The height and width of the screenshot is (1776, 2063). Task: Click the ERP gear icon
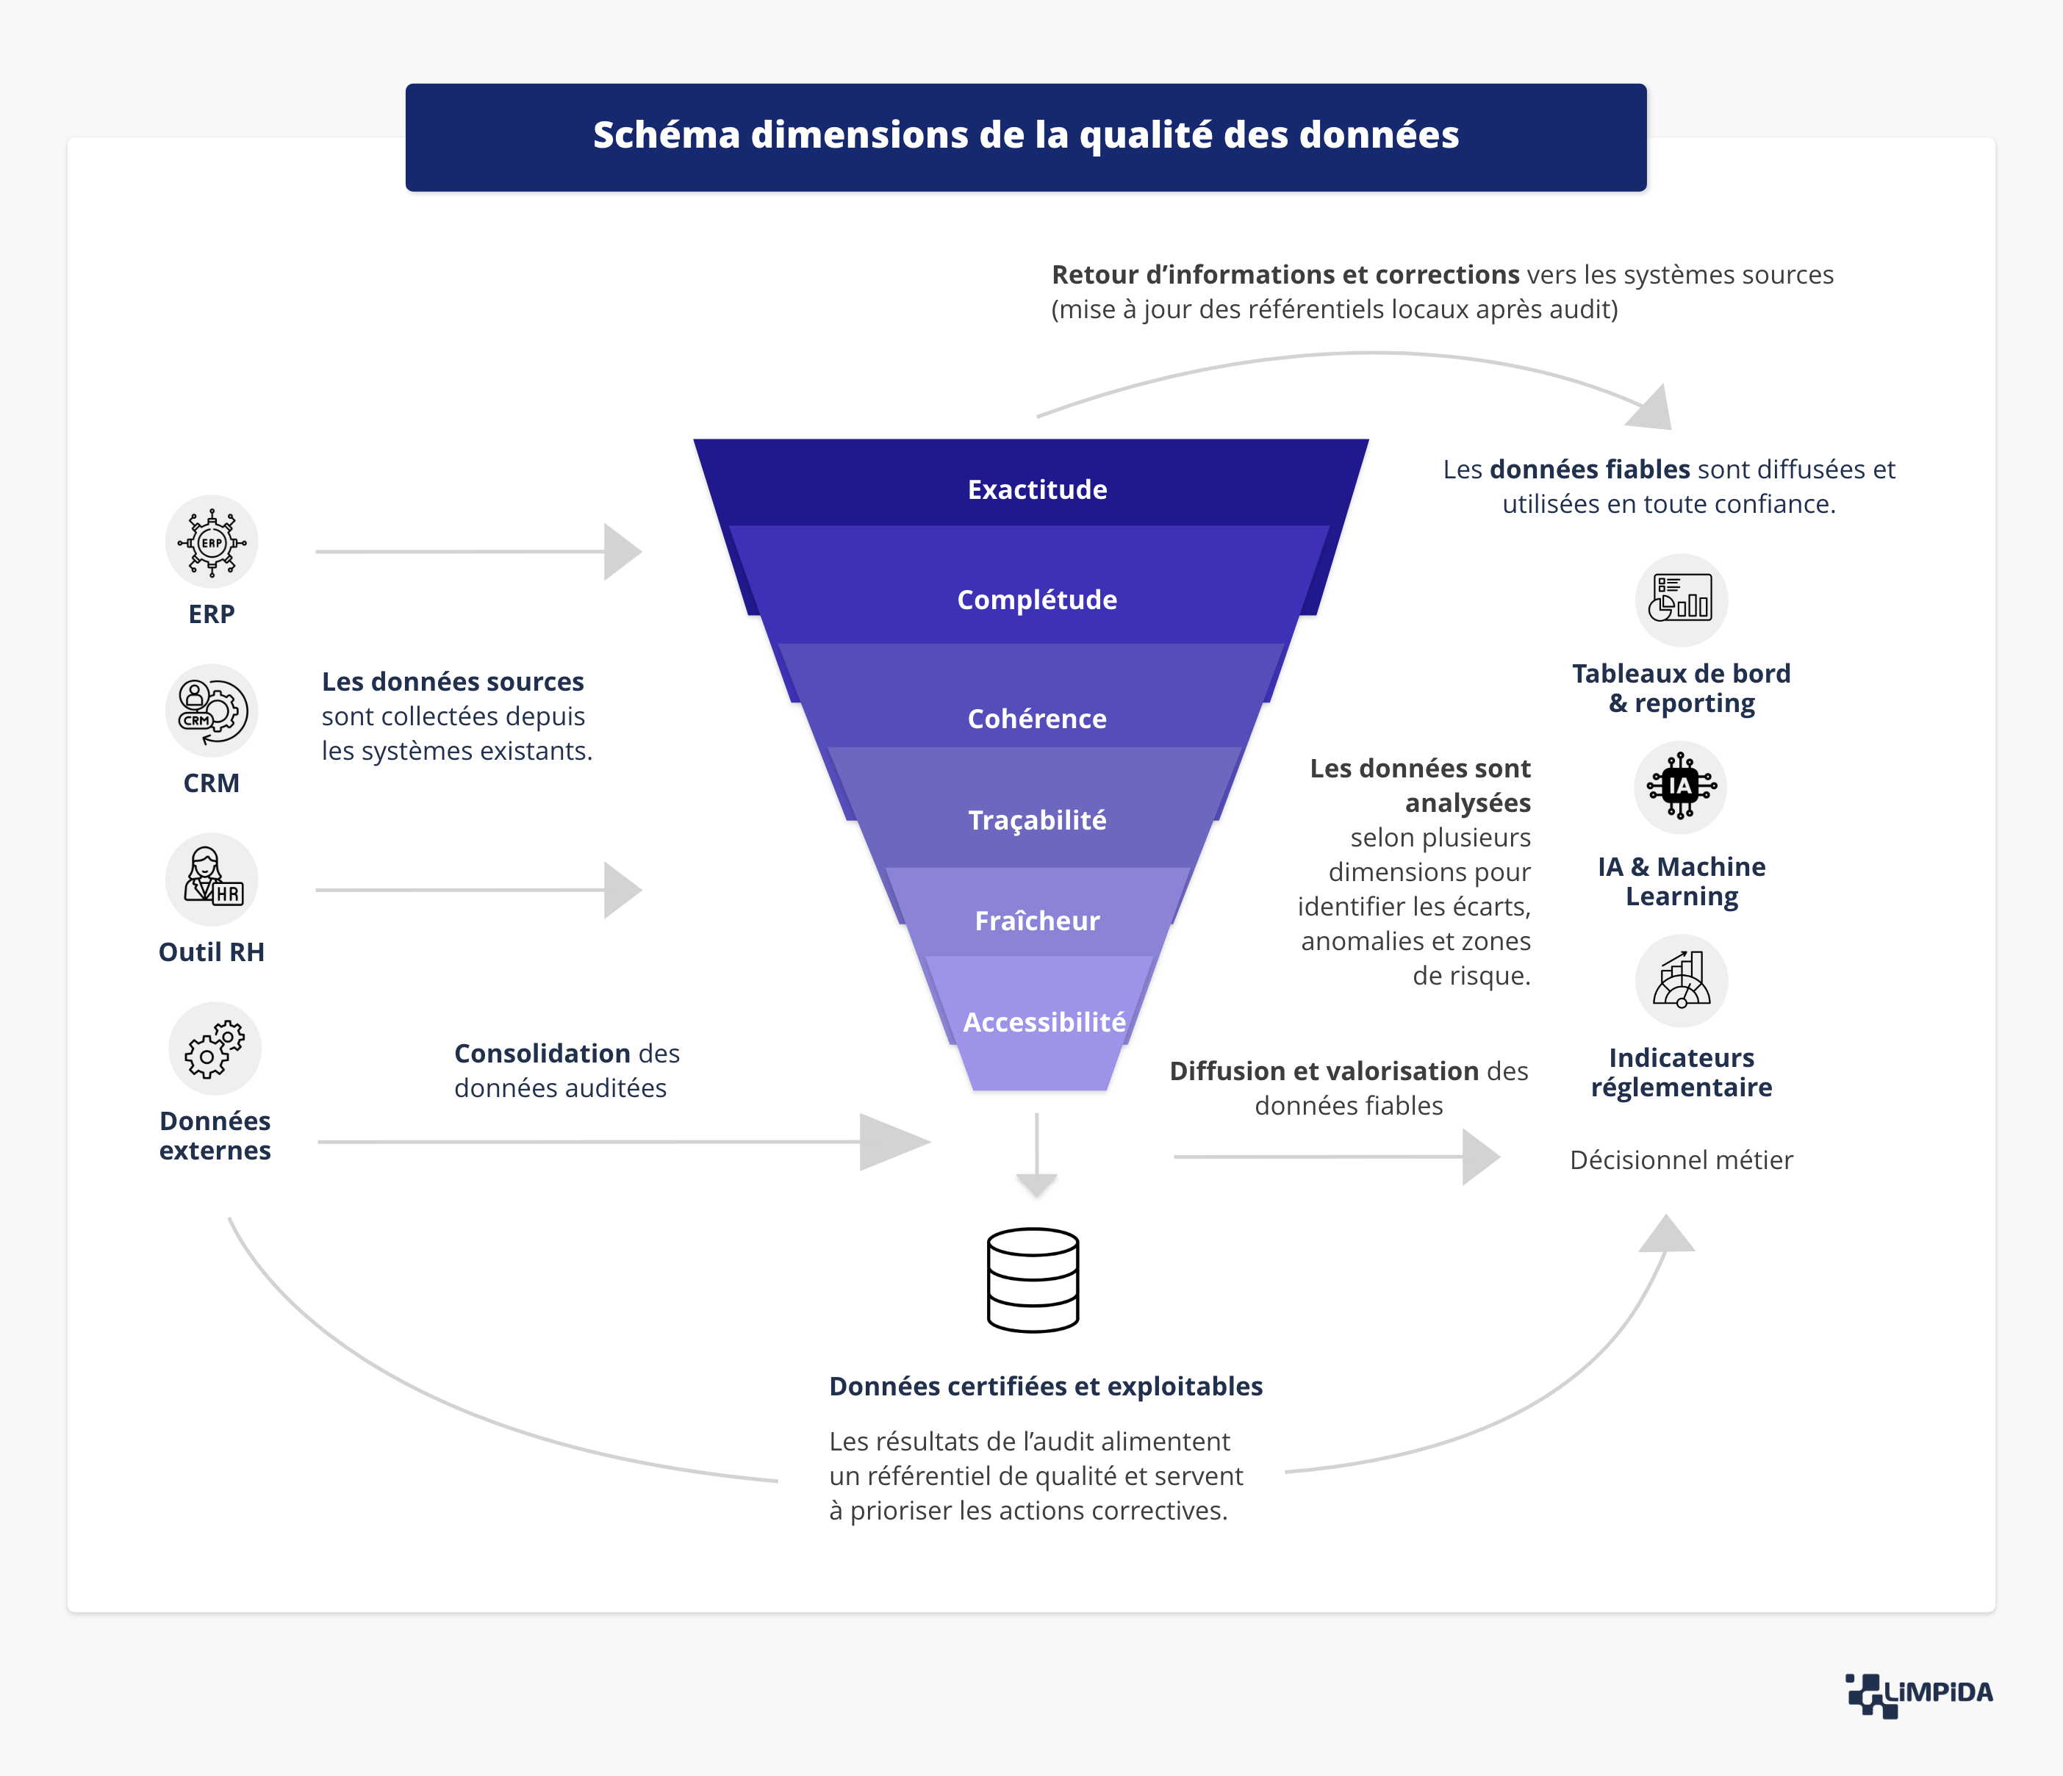click(211, 542)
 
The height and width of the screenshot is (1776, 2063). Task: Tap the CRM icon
click(211, 711)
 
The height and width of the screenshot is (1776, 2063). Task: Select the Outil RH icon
click(211, 879)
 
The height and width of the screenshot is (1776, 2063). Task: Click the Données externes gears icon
click(214, 1049)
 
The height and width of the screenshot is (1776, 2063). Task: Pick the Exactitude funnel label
click(1036, 490)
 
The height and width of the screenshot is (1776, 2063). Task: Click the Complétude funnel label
click(1036, 600)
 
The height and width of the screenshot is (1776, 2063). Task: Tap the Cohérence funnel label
click(1036, 719)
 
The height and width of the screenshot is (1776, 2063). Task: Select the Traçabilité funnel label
click(1036, 820)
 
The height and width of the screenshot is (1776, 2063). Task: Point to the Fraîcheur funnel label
click(1036, 921)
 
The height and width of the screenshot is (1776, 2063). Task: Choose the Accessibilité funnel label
click(1044, 1022)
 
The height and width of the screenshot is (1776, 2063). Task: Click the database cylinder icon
click(1033, 1280)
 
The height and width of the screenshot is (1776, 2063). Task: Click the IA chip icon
click(1681, 786)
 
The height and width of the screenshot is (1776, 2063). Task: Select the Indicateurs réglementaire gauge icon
click(1681, 979)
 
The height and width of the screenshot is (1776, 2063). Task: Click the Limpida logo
click(1919, 1694)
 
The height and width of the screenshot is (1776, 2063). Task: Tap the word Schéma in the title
click(665, 135)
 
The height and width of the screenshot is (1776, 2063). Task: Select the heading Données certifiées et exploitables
click(1045, 1387)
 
